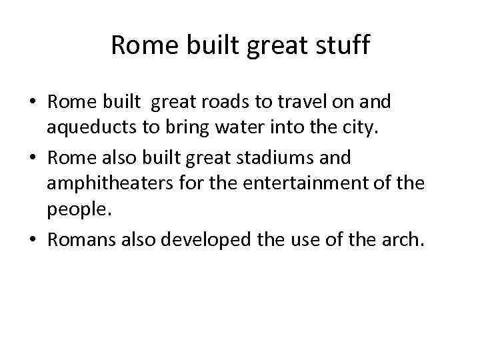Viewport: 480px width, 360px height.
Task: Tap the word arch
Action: coord(402,239)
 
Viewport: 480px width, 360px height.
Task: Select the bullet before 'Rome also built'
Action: coord(33,159)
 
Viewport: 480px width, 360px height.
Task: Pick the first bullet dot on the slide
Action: coord(33,103)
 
